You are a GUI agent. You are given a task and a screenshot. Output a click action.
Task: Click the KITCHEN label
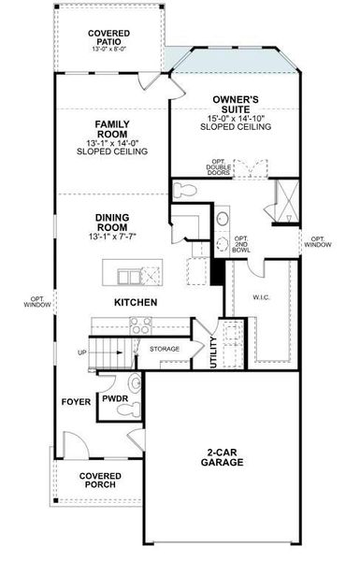(x=135, y=303)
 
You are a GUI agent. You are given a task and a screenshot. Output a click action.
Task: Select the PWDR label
(x=115, y=397)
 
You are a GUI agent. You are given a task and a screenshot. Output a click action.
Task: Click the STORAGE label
(x=165, y=349)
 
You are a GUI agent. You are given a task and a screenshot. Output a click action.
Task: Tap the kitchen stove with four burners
(x=141, y=325)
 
